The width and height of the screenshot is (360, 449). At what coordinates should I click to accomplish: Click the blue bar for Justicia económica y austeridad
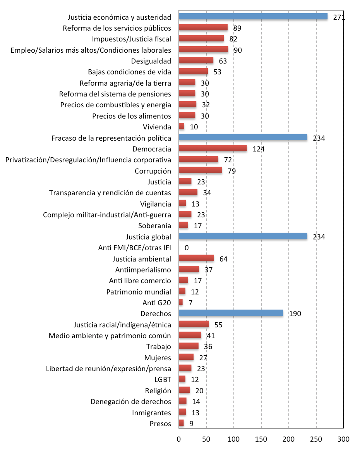[x=253, y=17]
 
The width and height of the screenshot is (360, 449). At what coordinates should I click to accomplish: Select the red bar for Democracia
[x=213, y=148]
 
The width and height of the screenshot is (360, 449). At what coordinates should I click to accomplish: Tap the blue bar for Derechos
[x=231, y=313]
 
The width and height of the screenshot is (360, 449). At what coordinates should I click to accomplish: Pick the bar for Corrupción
[x=201, y=170]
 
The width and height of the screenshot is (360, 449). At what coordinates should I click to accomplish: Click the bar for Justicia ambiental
[x=196, y=258]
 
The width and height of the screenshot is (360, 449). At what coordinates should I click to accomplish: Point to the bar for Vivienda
[x=182, y=126]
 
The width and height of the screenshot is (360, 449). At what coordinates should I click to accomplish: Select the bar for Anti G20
[x=181, y=302]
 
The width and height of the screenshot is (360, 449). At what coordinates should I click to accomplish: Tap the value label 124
[x=259, y=149]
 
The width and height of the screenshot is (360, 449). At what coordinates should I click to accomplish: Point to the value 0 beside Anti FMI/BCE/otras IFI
[x=186, y=248]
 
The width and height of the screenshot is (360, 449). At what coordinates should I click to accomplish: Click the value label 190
[x=295, y=314]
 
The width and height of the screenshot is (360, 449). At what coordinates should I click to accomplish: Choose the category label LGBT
[x=163, y=379]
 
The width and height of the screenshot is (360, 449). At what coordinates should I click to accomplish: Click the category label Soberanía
[x=154, y=226]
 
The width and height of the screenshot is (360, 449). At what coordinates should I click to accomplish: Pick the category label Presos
[x=160, y=423]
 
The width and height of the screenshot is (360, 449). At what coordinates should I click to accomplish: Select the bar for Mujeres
[x=186, y=357]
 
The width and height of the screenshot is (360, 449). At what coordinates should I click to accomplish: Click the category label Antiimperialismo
[x=143, y=270]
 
